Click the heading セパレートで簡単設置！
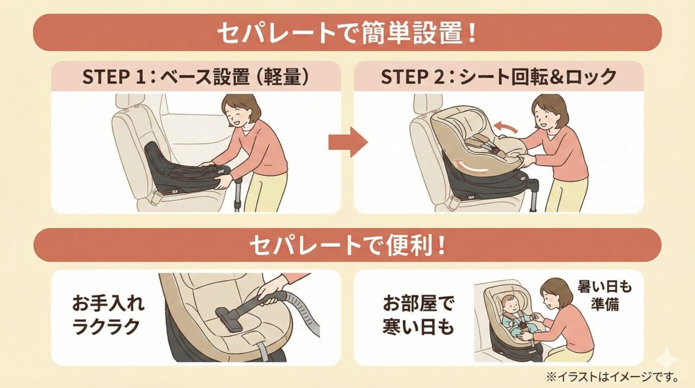pyautogui.click(x=347, y=33)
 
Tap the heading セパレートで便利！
pyautogui.click(x=347, y=245)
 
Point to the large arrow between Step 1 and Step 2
pyautogui.click(x=347, y=142)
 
